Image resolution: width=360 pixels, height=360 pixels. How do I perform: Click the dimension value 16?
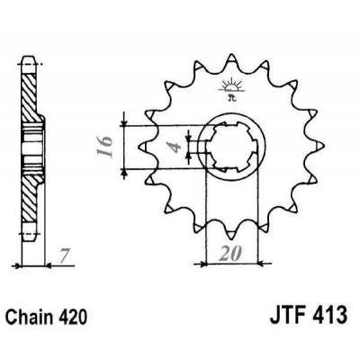104,141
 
